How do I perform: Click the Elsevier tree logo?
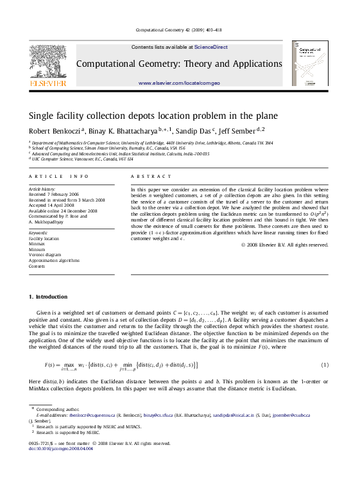[47, 63]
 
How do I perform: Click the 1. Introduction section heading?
[48, 297]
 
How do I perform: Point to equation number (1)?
[325, 365]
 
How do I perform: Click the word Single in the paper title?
[41, 116]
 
